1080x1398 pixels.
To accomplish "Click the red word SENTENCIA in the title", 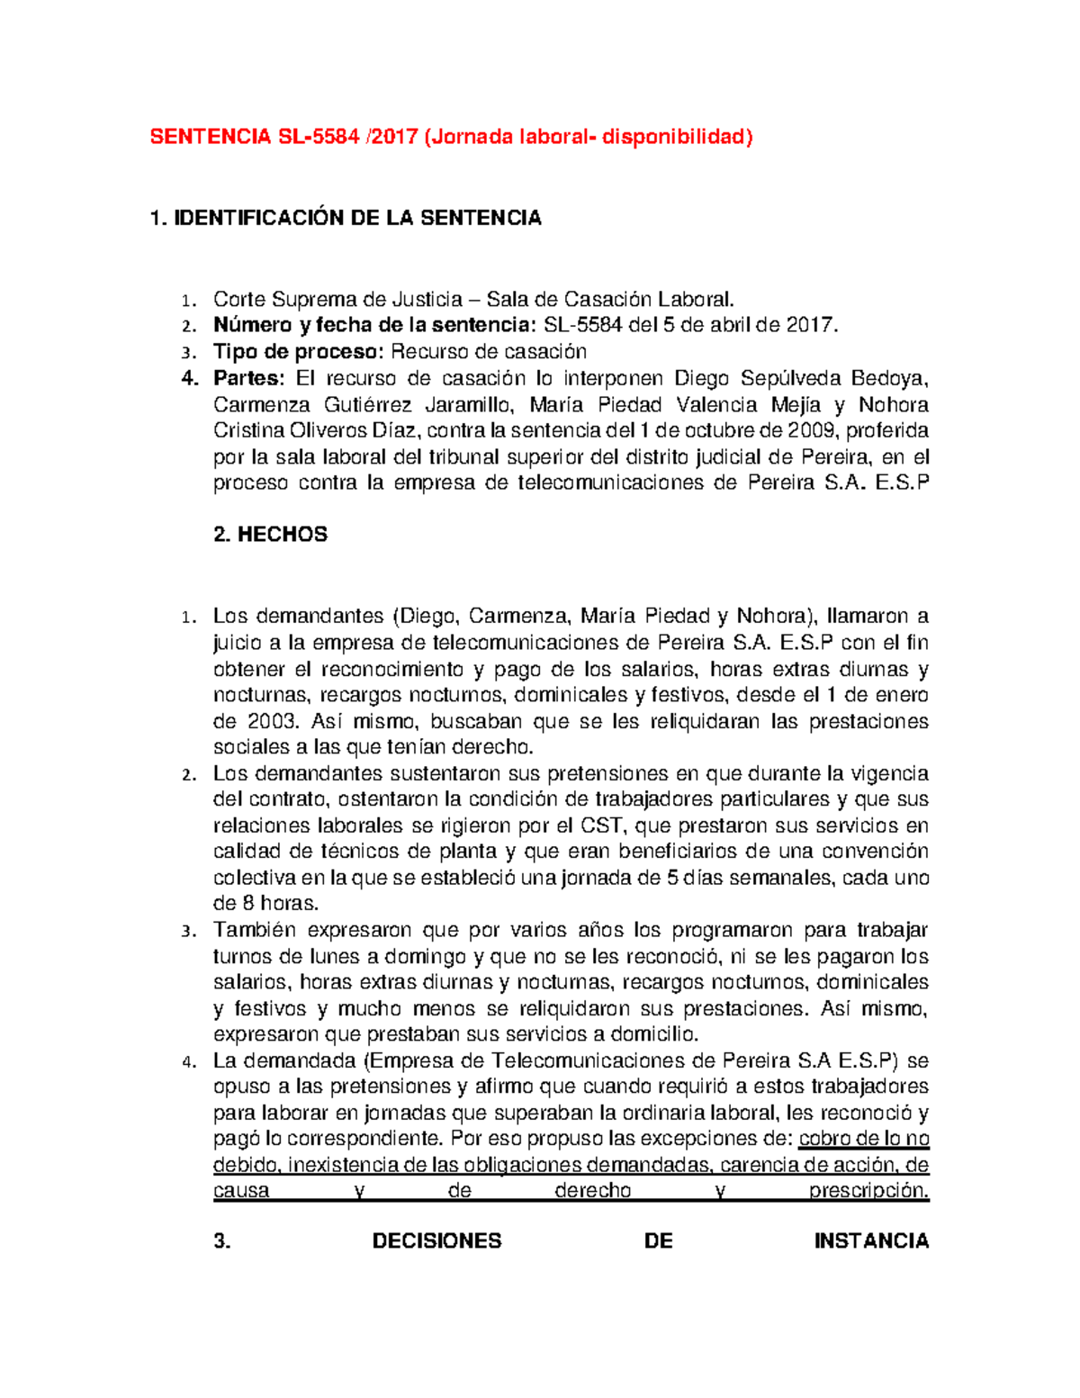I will point(210,137).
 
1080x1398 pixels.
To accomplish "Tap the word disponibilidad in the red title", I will point(674,137).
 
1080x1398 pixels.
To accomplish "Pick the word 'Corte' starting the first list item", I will point(239,300).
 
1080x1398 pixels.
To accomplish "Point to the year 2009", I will point(813,430).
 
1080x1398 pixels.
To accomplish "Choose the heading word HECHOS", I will point(282,535).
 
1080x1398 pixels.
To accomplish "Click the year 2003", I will point(271,722).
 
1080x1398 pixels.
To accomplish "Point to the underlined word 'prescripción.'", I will point(868,1191).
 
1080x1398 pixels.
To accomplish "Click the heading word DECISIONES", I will point(436,1242).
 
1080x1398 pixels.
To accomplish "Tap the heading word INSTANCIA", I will point(871,1242).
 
